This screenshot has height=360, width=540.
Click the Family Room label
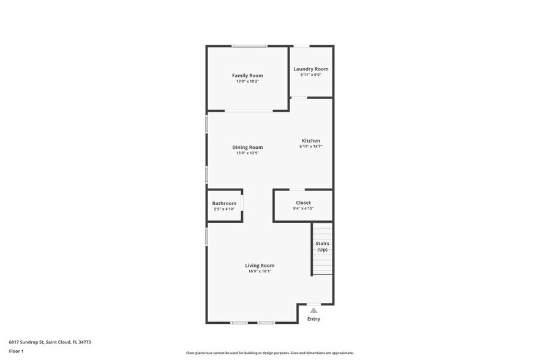click(247, 75)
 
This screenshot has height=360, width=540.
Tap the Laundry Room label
click(311, 69)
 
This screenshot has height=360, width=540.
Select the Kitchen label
click(311, 141)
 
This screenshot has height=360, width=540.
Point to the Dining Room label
click(247, 147)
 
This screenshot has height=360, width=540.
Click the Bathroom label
click(224, 203)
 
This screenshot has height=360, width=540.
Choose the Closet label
click(303, 203)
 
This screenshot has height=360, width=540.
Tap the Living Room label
click(260, 265)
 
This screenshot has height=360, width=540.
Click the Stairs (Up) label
click(322, 246)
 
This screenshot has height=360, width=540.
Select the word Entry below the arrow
click(313, 319)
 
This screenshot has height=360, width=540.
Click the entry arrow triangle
click(313, 310)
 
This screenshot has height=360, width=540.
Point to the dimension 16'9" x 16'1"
click(260, 271)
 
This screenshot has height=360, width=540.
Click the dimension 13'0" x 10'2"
click(247, 81)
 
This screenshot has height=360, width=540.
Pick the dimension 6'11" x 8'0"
click(311, 75)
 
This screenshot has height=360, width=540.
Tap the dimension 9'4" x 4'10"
click(303, 209)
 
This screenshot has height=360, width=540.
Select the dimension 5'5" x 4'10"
click(224, 209)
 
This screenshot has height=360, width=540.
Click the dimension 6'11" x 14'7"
click(311, 147)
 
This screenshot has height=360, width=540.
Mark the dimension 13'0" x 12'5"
click(247, 153)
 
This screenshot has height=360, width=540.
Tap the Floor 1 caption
click(16, 351)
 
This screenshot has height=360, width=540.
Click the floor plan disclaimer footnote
click(270, 353)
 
